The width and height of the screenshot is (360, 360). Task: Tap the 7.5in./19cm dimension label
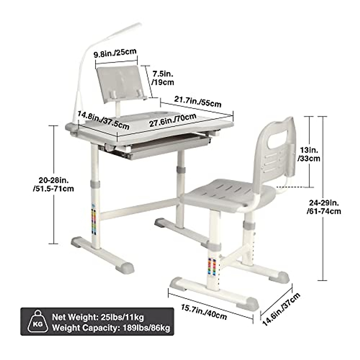[163, 78]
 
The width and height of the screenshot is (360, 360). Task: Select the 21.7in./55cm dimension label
[197, 100]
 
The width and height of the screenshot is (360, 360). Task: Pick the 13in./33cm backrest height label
[309, 154]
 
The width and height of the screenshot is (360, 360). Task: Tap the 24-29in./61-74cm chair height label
[324, 207]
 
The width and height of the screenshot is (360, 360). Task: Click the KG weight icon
[38, 321]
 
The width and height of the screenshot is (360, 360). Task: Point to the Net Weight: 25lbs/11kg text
[98, 317]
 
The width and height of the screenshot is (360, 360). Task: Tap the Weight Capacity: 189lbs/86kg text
[111, 328]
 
